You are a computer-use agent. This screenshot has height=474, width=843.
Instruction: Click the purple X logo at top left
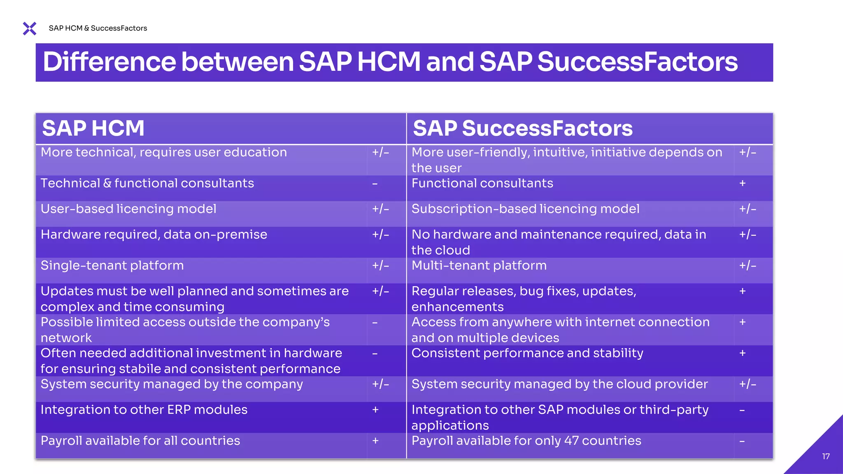coord(30,28)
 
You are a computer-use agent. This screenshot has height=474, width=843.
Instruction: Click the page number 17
coord(826,456)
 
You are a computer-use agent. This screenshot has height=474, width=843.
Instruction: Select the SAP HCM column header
coord(93,128)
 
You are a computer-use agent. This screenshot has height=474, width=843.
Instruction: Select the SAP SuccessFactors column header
coord(522,128)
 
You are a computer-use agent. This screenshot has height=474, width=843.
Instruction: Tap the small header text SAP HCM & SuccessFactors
coord(98,28)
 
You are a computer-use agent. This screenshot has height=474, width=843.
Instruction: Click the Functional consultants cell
coord(482,184)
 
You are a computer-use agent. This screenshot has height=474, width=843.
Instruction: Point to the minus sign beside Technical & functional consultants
coord(375,184)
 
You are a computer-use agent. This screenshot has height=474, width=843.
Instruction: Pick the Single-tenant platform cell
coord(112,266)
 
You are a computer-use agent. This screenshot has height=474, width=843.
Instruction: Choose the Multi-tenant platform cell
coord(479,266)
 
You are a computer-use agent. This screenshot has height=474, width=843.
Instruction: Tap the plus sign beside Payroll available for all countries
coord(375,441)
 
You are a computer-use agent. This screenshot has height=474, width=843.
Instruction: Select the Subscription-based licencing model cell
coord(525,209)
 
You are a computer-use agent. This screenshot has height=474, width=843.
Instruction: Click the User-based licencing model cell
coord(128,209)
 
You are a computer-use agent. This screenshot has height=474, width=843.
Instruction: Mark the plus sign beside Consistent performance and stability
coord(743,353)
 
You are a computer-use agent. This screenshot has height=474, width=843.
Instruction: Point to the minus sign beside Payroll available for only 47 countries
coord(742,441)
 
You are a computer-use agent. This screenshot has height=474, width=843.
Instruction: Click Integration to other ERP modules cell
coord(144,410)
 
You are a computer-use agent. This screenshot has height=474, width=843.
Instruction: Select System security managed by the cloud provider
coord(559,384)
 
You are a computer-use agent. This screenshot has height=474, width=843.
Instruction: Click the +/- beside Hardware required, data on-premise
coord(380,235)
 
